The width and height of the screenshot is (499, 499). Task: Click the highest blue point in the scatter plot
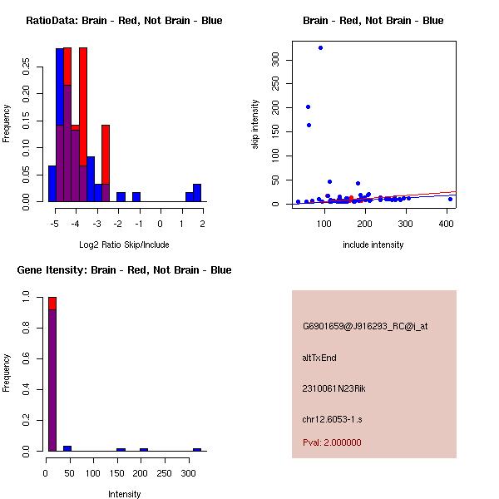pyautogui.click(x=320, y=47)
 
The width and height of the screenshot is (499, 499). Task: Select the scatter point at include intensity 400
pyautogui.click(x=450, y=200)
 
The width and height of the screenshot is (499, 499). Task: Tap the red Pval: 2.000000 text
pyautogui.click(x=332, y=442)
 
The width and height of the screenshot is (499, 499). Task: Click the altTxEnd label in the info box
pyautogui.click(x=319, y=358)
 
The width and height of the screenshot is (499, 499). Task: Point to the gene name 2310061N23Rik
pyautogui.click(x=333, y=388)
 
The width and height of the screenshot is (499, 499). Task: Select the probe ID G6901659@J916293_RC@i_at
pyautogui.click(x=365, y=327)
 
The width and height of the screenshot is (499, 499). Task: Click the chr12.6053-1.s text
pyautogui.click(x=332, y=419)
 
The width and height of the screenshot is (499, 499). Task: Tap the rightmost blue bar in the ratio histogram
pyautogui.click(x=197, y=193)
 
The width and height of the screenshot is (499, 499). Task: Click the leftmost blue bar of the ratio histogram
pyautogui.click(x=52, y=184)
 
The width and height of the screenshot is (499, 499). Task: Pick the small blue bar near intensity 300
pyautogui.click(x=197, y=450)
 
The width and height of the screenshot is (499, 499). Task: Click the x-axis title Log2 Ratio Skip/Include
pyautogui.click(x=124, y=245)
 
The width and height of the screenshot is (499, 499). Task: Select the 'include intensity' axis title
pyautogui.click(x=373, y=245)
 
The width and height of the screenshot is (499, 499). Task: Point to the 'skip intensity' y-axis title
pyautogui.click(x=255, y=124)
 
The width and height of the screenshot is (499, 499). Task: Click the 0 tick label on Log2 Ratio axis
pyautogui.click(x=160, y=224)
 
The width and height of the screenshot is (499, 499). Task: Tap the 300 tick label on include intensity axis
pyautogui.click(x=405, y=224)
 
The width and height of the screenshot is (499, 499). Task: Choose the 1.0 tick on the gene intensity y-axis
pyautogui.click(x=26, y=297)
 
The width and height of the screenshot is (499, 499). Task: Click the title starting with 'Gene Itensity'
pyautogui.click(x=124, y=270)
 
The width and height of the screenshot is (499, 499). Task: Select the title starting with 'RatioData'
pyautogui.click(x=124, y=21)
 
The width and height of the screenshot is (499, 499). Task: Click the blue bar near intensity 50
pyautogui.click(x=67, y=449)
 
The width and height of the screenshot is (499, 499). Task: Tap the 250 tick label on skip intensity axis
pyautogui.click(x=275, y=83)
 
